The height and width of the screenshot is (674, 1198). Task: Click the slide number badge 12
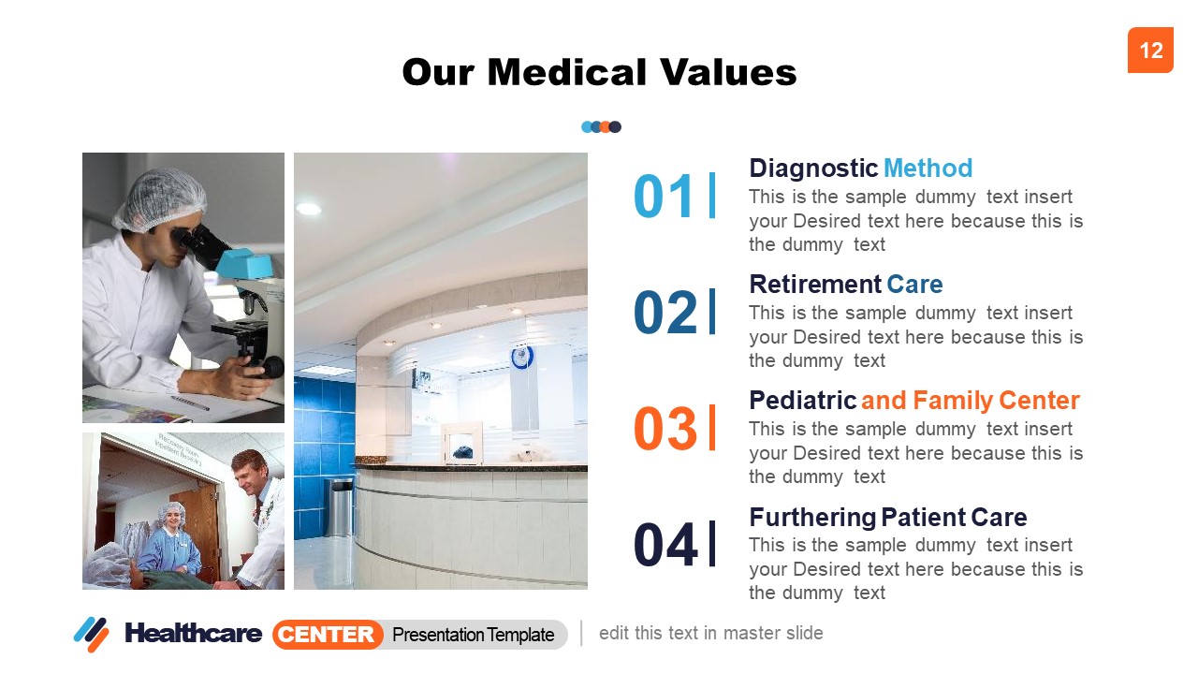[1150, 50]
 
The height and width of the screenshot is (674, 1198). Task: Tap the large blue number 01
[665, 197]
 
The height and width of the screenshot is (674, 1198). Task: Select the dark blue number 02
[665, 313]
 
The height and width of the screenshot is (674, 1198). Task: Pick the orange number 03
[665, 429]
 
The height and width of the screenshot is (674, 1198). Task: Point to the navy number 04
[665, 545]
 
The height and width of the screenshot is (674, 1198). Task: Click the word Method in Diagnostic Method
[928, 168]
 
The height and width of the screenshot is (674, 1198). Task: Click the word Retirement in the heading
[815, 285]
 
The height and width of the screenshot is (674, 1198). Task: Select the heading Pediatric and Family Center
[913, 401]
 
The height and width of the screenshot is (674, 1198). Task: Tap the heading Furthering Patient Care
[887, 517]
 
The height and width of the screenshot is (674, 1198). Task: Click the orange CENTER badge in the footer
[328, 635]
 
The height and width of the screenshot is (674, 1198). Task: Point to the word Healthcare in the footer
[193, 634]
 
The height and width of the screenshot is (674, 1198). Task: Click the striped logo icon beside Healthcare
[92, 634]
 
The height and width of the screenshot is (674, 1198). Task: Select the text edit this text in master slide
[710, 633]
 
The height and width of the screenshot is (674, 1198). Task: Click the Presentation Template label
[473, 635]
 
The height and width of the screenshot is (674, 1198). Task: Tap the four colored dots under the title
[601, 126]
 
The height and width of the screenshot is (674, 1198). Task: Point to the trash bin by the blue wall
[341, 506]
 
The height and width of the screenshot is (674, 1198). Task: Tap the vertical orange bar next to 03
[712, 428]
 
